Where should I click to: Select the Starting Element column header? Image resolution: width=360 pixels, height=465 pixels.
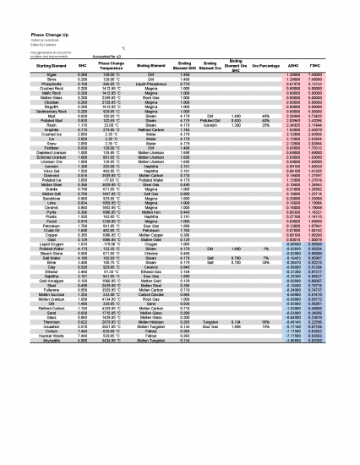[x=34, y=66]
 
